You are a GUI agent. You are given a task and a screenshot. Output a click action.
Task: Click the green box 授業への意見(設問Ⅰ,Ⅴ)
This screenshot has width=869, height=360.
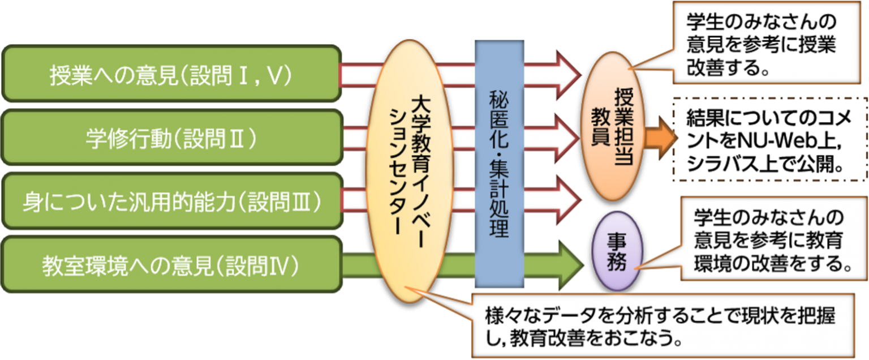pyautogui.click(x=170, y=75)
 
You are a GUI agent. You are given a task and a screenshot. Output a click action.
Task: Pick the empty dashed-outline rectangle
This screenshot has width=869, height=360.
pyautogui.click(x=769, y=139)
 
